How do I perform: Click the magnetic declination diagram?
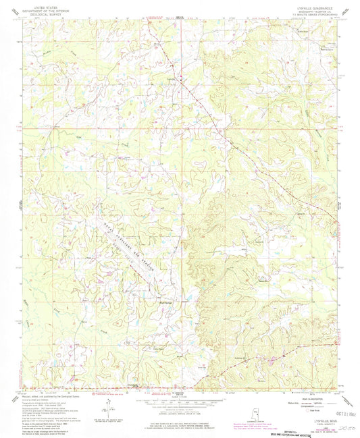(107, 408)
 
